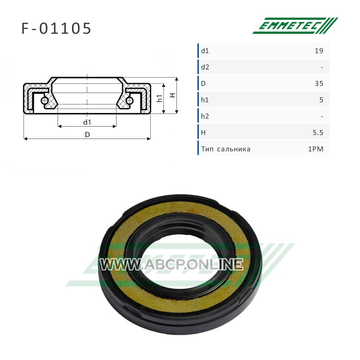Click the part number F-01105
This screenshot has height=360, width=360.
tap(56, 29)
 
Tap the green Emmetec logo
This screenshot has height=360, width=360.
tap(295, 26)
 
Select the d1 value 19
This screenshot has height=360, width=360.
tap(319, 51)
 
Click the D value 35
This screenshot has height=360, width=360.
tap(319, 84)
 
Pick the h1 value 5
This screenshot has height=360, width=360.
tap(321, 100)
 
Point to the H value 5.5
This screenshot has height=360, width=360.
tap(318, 133)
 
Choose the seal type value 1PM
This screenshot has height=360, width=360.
tap(316, 149)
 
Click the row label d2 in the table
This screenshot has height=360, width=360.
tap(205, 67)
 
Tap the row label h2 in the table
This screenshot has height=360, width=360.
tap(205, 116)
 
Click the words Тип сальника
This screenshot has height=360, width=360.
tap(226, 149)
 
